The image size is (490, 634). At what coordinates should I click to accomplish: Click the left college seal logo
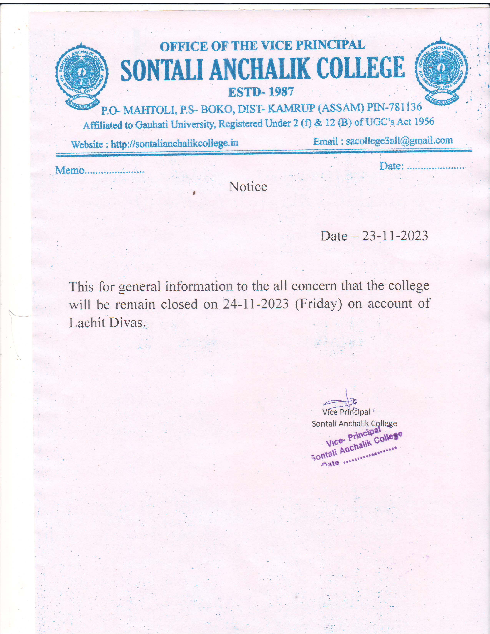82,76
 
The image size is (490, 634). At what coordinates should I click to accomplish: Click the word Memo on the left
70,170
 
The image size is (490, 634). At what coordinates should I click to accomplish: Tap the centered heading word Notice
248,187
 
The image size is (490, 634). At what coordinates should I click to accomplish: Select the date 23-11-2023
395,236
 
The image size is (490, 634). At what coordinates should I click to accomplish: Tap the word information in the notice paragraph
199,287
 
